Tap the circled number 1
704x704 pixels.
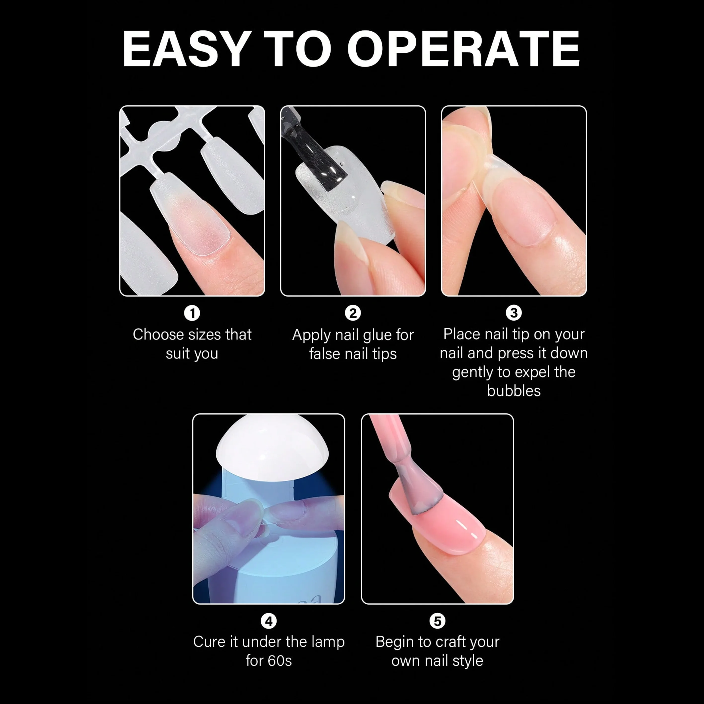click(192, 313)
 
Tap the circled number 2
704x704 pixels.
click(353, 313)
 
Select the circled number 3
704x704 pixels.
click(514, 313)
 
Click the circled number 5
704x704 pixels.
click(437, 621)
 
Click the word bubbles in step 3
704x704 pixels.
click(514, 391)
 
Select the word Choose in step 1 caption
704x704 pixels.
click(153, 334)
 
